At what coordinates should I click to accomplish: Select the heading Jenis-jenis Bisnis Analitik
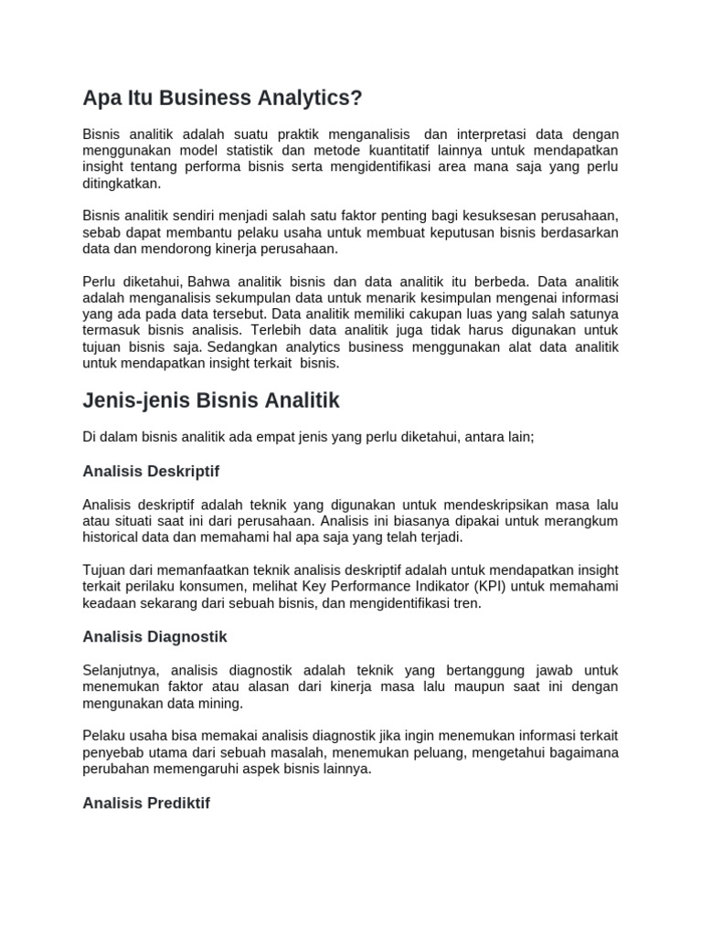(210, 400)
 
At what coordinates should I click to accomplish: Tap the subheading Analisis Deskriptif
(151, 472)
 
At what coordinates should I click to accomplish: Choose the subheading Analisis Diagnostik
(154, 636)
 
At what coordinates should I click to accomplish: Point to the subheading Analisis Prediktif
(146, 803)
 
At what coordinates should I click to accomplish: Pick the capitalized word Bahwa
(209, 282)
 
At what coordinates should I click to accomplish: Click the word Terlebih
(280, 331)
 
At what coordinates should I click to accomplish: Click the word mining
(223, 704)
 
